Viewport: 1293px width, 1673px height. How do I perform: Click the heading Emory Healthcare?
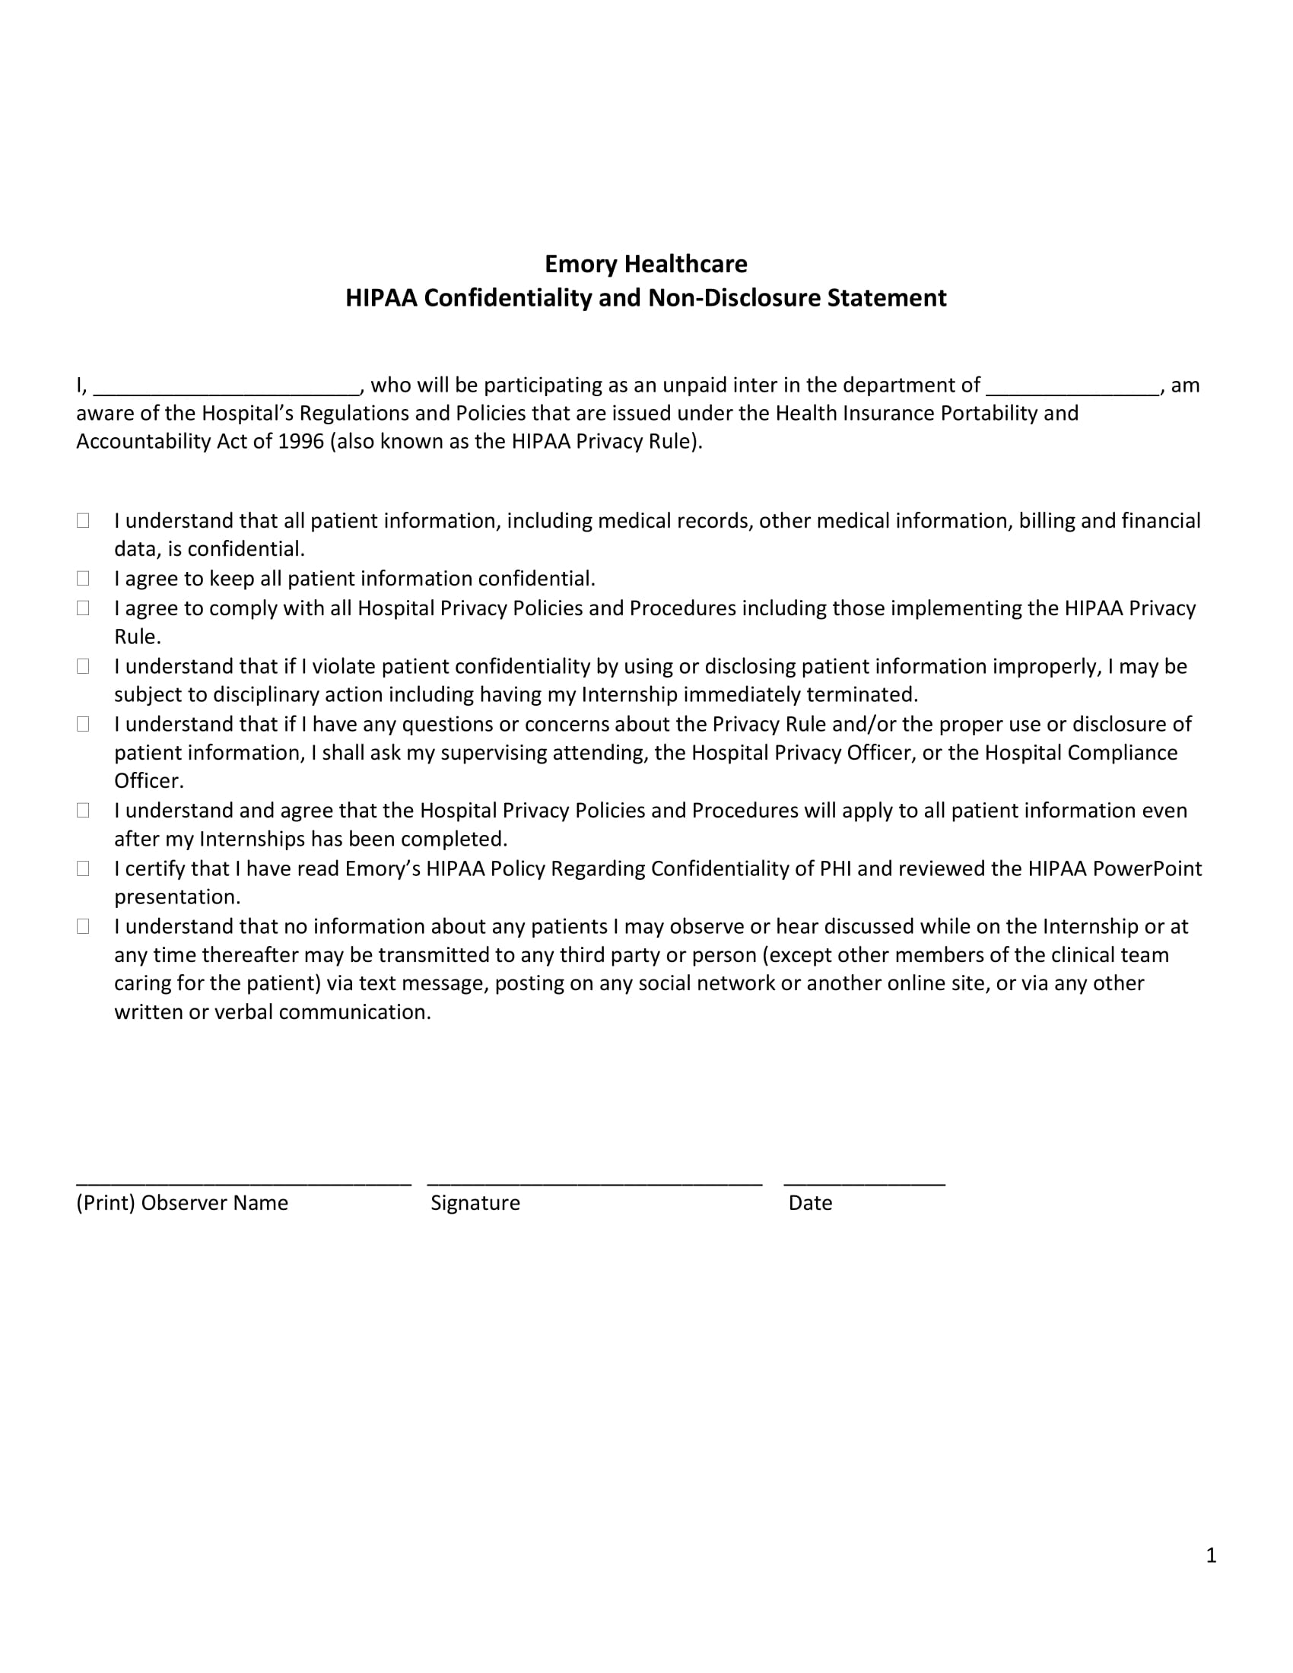[646, 264]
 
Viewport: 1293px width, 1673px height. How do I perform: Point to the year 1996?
[301, 442]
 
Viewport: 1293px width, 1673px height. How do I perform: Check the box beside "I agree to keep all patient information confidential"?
[83, 579]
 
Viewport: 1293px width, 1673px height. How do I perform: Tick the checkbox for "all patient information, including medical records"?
[83, 521]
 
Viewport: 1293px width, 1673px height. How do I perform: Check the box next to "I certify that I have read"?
[83, 868]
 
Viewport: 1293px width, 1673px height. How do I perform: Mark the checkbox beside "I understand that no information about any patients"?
[83, 927]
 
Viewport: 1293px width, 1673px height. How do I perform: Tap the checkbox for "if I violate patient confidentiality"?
[83, 666]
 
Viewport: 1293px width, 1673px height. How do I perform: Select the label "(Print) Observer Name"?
[183, 1203]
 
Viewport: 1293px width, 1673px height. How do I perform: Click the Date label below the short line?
[811, 1203]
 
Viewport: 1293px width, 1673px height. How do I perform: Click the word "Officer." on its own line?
[149, 781]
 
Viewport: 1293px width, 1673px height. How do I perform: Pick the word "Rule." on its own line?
[138, 637]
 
